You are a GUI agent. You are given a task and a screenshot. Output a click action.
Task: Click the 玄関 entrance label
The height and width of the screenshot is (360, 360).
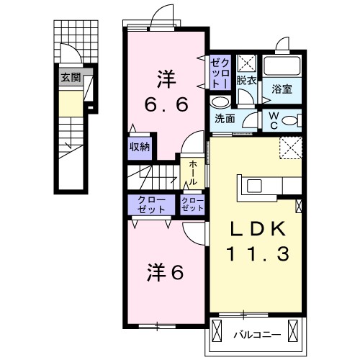pyautogui.click(x=70, y=77)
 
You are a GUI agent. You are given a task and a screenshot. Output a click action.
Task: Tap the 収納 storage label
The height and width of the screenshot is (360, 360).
pyautogui.click(x=140, y=147)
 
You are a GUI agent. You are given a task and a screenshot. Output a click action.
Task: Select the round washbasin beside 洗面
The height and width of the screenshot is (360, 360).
pyautogui.click(x=218, y=101)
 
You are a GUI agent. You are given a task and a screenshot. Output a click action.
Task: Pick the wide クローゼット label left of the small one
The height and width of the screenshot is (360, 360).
pyautogui.click(x=148, y=204)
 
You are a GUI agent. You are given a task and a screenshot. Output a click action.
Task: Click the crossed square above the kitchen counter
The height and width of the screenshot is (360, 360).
pyautogui.click(x=290, y=148)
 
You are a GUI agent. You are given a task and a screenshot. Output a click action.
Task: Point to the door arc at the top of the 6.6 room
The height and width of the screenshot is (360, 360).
pyautogui.click(x=163, y=16)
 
